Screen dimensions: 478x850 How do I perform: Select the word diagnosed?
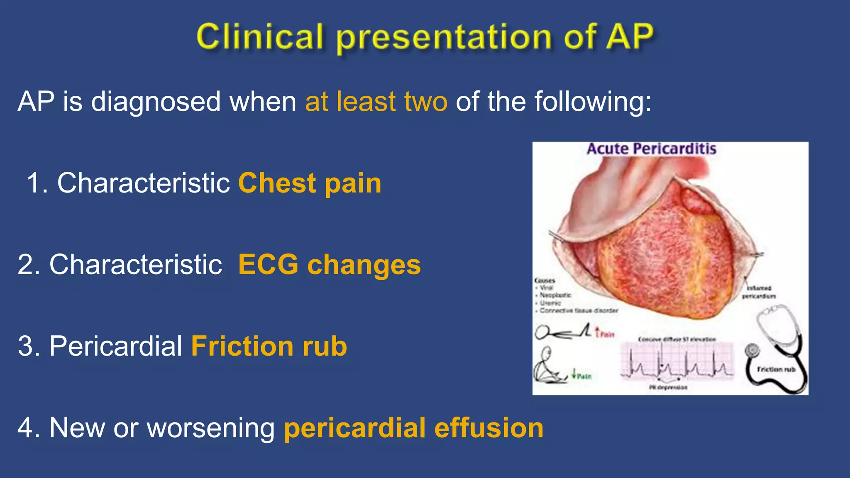[x=156, y=102]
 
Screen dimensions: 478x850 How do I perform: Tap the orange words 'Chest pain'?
[x=310, y=183]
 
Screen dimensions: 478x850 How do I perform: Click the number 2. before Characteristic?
[x=29, y=265]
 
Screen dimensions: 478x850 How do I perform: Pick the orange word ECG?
[x=268, y=265]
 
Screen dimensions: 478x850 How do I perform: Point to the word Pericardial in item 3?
[x=116, y=346]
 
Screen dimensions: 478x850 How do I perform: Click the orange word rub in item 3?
[x=325, y=346]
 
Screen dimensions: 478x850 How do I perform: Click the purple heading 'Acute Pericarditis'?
[x=651, y=149]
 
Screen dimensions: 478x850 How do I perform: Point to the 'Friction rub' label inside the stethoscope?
[x=776, y=369]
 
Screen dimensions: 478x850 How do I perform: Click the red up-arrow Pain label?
[x=605, y=333]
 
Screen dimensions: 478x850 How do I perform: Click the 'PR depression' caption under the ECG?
[x=668, y=388]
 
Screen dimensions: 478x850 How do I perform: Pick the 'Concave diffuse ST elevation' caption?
[x=677, y=339]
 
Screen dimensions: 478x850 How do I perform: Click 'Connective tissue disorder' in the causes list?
[x=579, y=310]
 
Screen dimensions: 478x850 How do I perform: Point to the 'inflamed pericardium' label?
[x=759, y=292]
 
